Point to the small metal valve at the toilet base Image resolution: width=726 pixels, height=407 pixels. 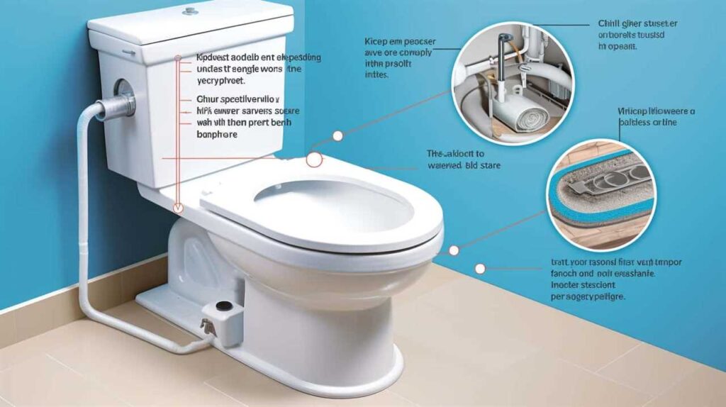[206, 325]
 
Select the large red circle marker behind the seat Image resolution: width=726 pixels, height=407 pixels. [313, 160]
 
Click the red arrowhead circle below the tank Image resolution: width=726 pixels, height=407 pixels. [179, 208]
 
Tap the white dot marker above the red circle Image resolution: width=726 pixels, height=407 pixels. [337, 135]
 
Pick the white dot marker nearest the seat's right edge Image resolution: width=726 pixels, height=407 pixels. [454, 250]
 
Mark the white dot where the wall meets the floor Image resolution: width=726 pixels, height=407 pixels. [480, 269]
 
